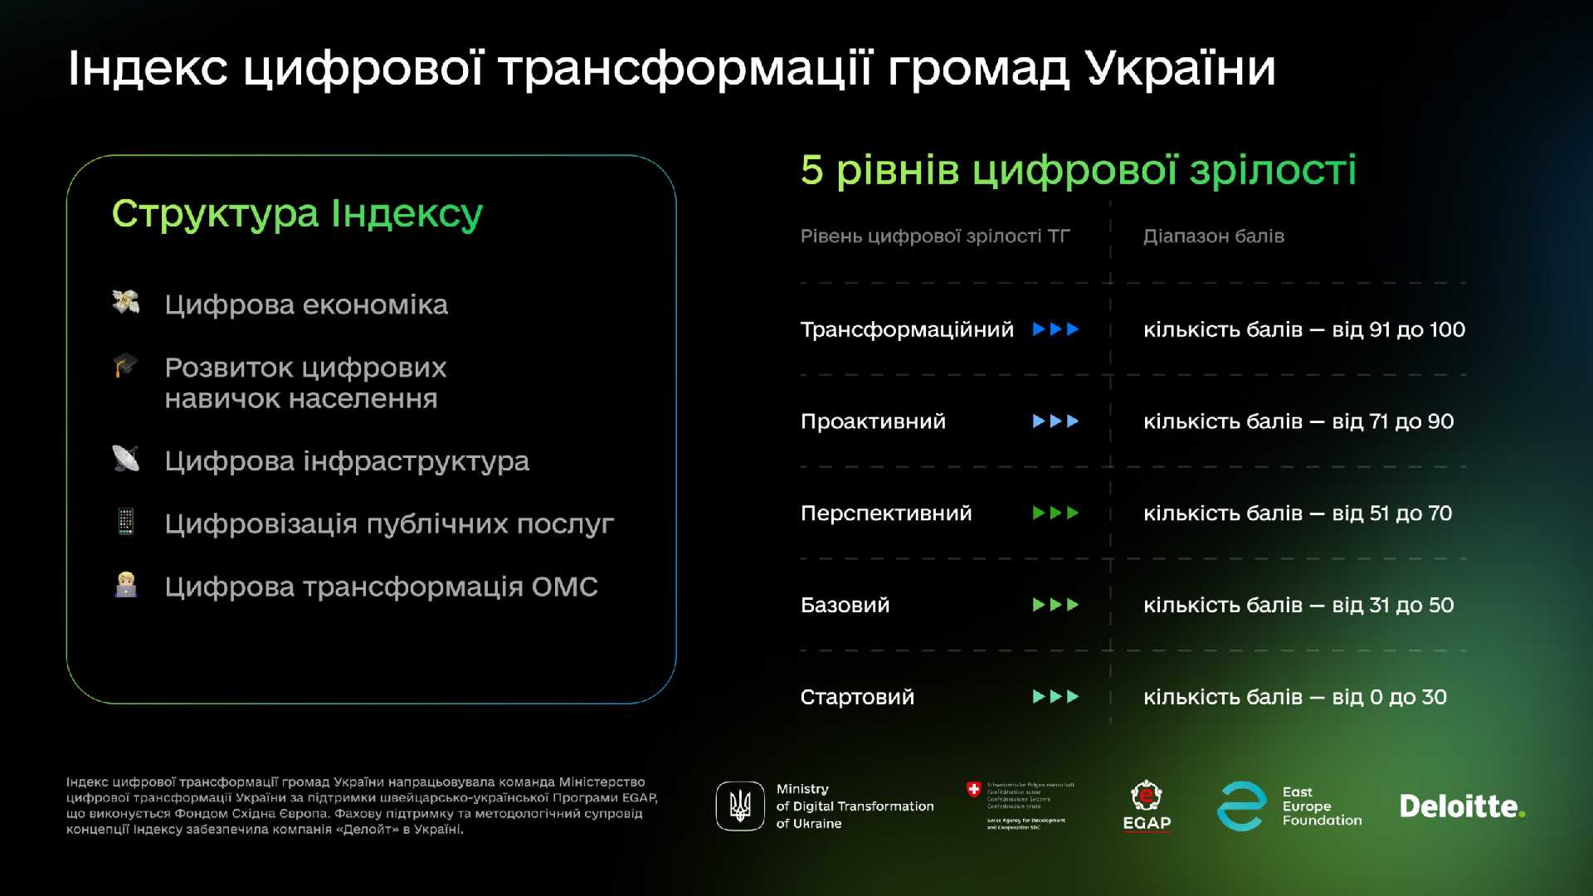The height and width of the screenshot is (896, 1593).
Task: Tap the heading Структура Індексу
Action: [297, 214]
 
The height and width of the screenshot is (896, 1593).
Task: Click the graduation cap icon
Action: [125, 365]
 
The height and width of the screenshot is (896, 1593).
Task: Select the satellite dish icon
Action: [125, 458]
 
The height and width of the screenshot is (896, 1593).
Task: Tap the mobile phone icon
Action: [125, 522]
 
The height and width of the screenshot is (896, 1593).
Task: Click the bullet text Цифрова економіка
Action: [305, 305]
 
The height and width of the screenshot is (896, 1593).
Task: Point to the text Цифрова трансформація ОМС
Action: [381, 587]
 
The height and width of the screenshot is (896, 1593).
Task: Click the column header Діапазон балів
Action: [1213, 236]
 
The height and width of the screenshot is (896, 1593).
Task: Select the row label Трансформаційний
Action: [906, 330]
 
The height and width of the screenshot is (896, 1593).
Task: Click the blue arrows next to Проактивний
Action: [1055, 421]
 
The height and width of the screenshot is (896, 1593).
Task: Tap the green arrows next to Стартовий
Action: [1055, 697]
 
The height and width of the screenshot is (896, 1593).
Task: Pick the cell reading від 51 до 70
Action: [1391, 514]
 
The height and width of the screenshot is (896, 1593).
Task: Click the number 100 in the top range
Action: [1447, 330]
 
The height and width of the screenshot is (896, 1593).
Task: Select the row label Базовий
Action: [845, 606]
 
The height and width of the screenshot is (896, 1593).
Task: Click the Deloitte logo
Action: [1461, 806]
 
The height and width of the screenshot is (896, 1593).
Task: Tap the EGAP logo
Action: [1146, 806]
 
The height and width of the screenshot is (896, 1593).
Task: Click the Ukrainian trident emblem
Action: [739, 806]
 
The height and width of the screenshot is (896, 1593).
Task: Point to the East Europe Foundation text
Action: [1321, 806]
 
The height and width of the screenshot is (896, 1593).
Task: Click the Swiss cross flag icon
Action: [973, 789]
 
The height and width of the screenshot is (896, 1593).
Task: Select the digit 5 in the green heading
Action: [811, 170]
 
